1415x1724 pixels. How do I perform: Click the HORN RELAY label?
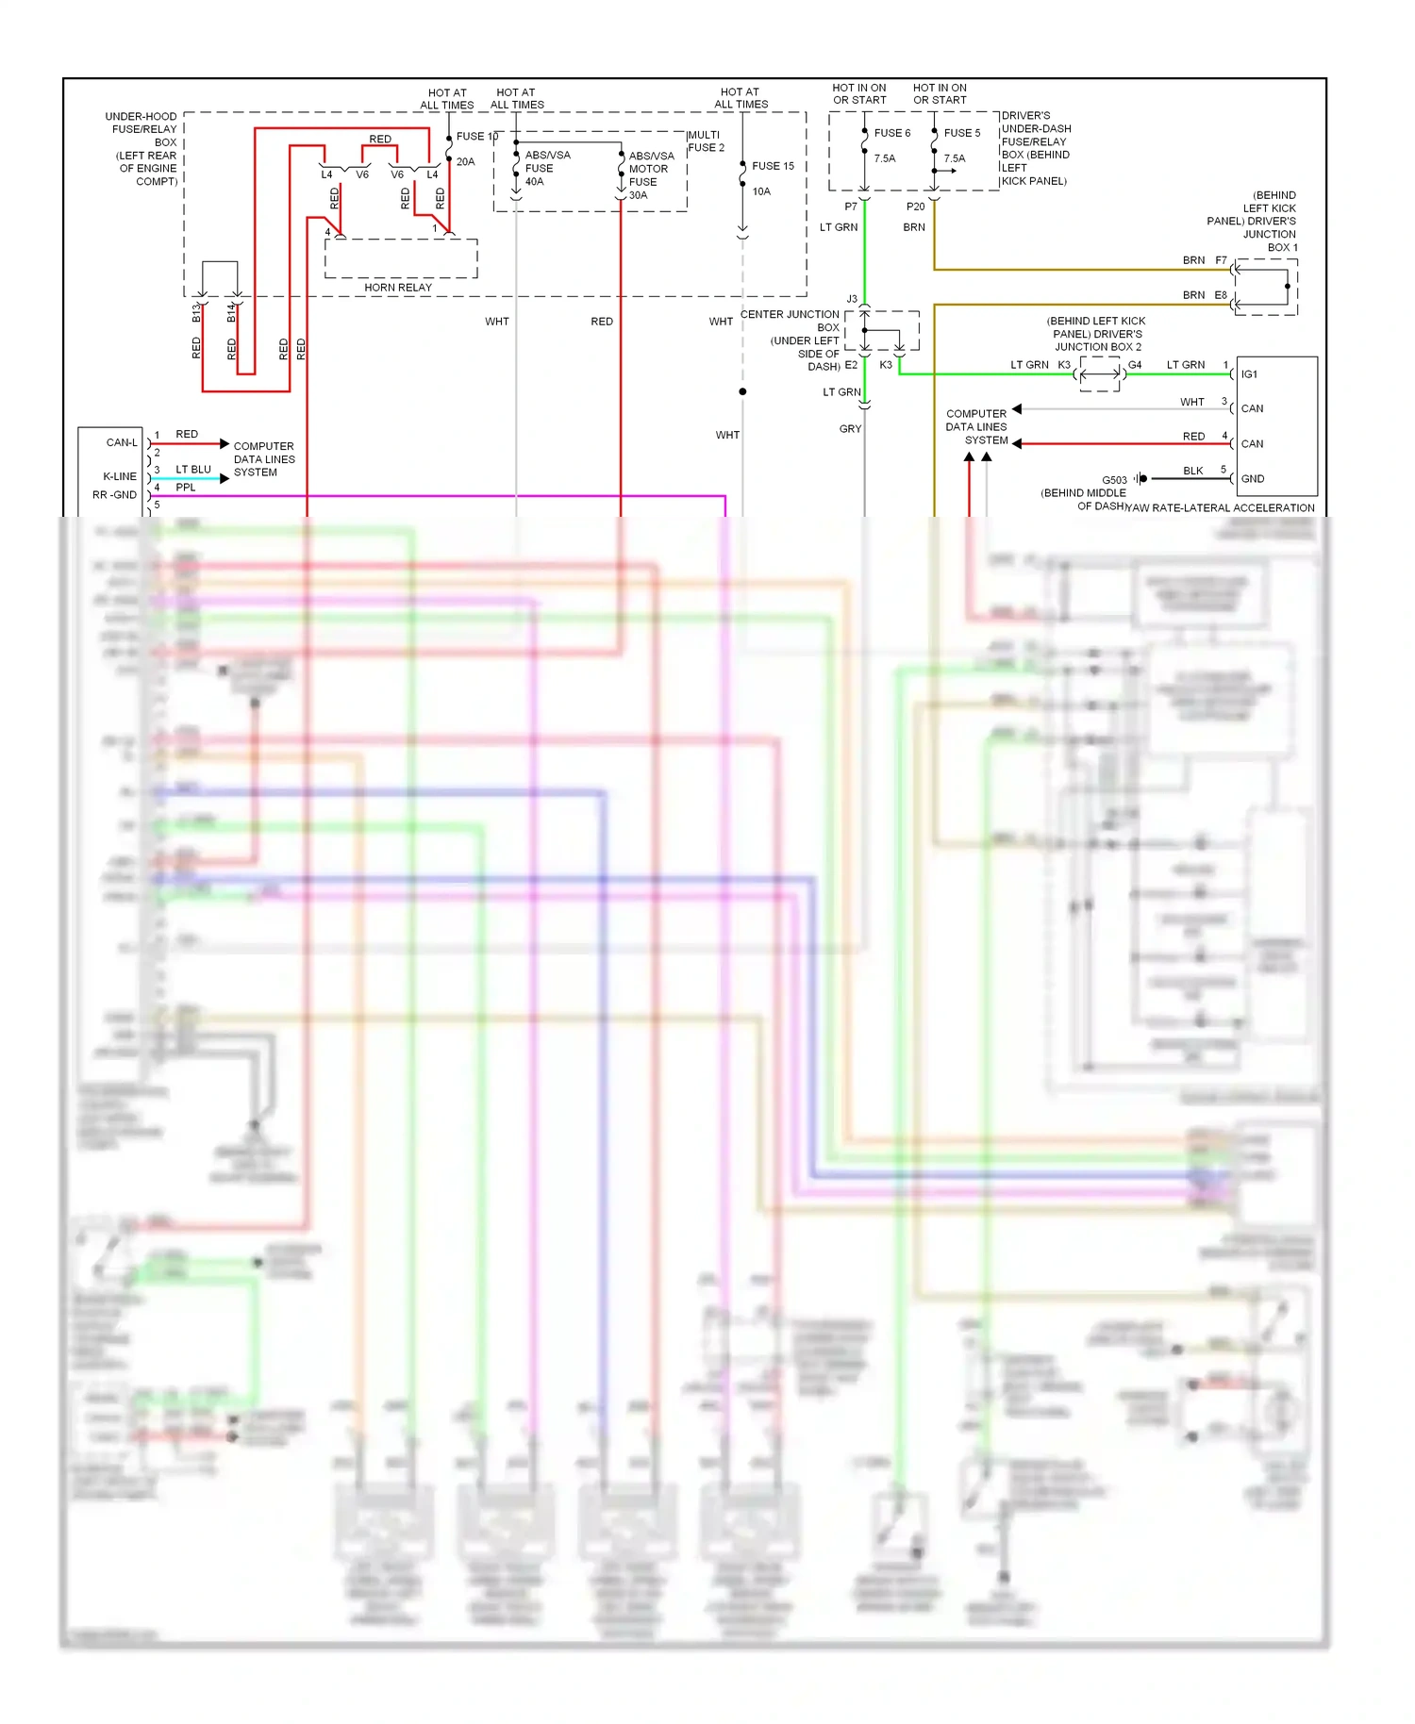398,288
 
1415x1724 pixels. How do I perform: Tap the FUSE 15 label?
773,166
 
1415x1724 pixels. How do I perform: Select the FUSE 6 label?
891,133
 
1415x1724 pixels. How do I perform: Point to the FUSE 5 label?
962,133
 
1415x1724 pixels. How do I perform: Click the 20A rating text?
465,162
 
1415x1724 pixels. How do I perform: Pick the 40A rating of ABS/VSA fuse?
534,182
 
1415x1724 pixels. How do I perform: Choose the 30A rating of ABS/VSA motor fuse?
639,195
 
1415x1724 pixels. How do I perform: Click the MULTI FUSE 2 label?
706,141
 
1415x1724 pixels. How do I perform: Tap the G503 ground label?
1114,480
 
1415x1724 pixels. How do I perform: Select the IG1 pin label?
1249,374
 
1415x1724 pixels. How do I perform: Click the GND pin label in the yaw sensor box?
1252,479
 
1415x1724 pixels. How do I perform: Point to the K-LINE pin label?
120,476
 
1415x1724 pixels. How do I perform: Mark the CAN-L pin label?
122,442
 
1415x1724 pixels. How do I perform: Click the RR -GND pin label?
114,495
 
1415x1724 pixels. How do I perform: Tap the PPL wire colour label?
186,488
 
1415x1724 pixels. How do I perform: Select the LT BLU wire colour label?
193,470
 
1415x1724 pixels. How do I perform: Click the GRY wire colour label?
850,429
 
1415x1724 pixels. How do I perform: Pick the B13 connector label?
196,313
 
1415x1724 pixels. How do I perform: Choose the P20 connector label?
915,207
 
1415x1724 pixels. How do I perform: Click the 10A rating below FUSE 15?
761,191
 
